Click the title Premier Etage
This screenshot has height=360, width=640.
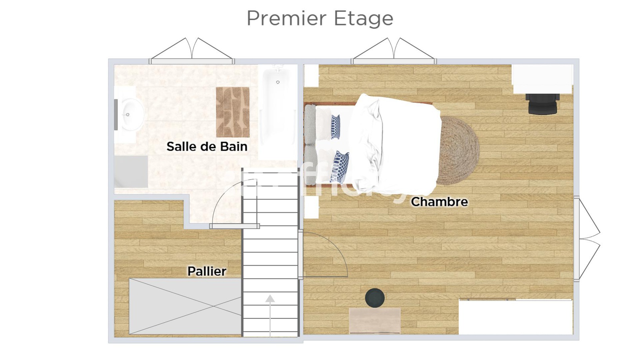320,18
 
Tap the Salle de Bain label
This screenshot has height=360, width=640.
207,147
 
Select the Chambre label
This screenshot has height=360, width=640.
439,202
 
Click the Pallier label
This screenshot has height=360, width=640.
207,271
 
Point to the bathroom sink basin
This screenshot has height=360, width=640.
131,115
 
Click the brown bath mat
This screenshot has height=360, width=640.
233,112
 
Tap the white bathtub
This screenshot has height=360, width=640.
277,112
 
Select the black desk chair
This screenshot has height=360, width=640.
542,104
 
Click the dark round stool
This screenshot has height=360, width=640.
375,298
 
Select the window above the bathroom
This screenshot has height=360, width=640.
192,61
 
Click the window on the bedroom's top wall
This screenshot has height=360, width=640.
394,61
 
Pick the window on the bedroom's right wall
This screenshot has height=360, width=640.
577,238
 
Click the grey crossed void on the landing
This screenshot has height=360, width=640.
185,306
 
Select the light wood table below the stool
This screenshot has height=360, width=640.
375,320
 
